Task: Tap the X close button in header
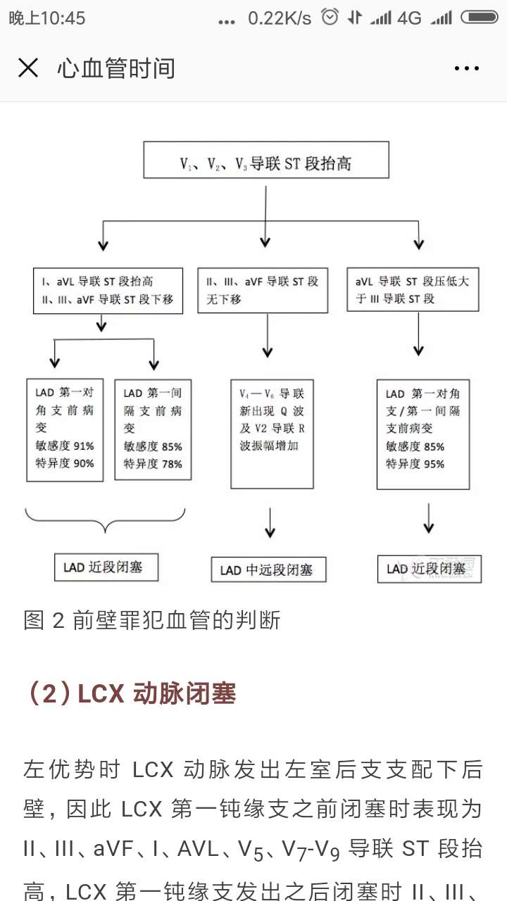pyautogui.click(x=28, y=68)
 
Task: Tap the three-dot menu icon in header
pyautogui.click(x=466, y=68)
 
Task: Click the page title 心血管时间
pyautogui.click(x=116, y=68)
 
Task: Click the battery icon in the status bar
pyautogui.click(x=482, y=18)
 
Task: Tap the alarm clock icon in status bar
pyautogui.click(x=330, y=18)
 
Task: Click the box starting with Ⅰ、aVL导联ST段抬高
pyautogui.click(x=108, y=290)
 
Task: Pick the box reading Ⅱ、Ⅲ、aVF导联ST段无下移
pyautogui.click(x=262, y=290)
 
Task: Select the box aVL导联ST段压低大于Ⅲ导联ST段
pyautogui.click(x=413, y=290)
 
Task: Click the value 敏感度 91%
pyautogui.click(x=64, y=446)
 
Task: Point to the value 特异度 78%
pyautogui.click(x=152, y=464)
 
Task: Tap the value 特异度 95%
pyautogui.click(x=415, y=464)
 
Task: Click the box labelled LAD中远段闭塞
pyautogui.click(x=268, y=569)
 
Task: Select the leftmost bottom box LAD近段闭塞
pyautogui.click(x=106, y=567)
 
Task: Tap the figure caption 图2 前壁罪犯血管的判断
pyautogui.click(x=152, y=620)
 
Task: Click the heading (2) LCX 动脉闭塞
pyautogui.click(x=130, y=693)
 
